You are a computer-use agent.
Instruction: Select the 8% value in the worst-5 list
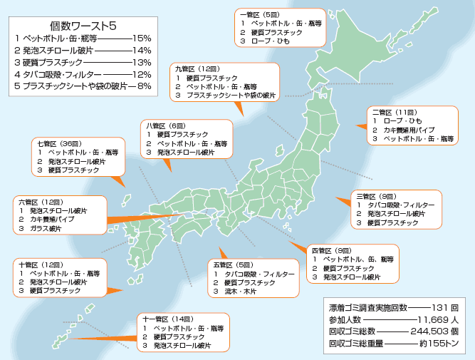coord(145,86)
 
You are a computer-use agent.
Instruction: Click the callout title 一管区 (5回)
coord(260,14)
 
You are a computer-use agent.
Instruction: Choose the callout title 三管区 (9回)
coord(375,195)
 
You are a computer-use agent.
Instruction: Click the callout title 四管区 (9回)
coord(331,250)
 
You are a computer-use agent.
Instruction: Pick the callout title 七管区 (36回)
coord(58,143)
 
